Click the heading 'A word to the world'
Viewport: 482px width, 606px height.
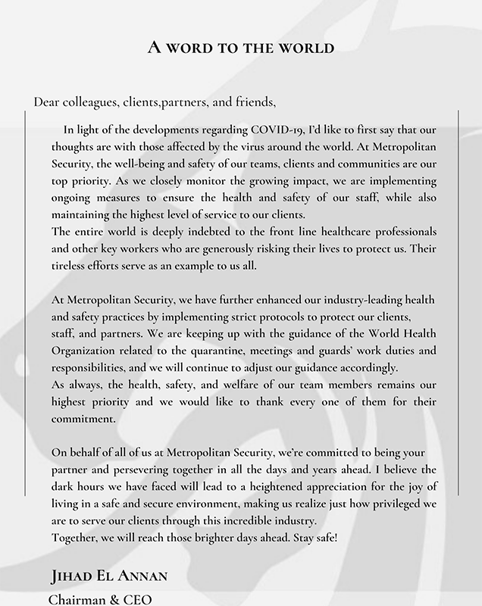click(x=240, y=48)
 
